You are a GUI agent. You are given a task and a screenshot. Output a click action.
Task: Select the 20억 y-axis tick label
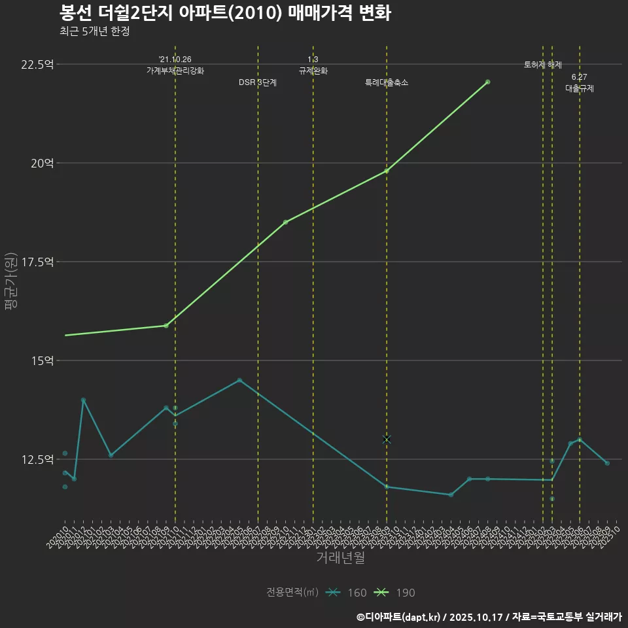pos(42,163)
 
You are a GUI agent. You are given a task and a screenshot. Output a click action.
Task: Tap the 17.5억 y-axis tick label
pos(38,262)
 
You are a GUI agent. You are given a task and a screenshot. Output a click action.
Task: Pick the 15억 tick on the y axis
pos(42,360)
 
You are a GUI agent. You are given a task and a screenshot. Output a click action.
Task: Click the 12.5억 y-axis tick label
pos(38,459)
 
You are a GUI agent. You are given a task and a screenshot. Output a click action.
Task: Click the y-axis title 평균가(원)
pos(11,281)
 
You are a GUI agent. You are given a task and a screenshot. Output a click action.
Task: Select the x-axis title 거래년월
pos(340,557)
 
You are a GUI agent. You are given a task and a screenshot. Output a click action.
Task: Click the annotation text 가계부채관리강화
pos(175,70)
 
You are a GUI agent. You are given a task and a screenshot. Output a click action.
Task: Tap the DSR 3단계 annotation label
pos(258,82)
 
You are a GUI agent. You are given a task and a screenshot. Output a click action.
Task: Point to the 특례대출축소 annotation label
pos(387,82)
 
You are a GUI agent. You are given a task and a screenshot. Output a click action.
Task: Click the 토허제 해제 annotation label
pos(543,65)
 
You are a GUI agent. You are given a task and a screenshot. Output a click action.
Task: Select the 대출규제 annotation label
pos(580,88)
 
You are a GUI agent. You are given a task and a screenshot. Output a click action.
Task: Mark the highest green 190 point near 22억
pos(488,82)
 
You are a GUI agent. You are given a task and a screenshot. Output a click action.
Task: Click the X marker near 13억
pos(387,440)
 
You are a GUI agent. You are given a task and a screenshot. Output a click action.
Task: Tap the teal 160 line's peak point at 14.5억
pos(239,380)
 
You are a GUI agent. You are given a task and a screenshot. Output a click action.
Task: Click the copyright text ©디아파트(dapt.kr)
pos(400,616)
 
